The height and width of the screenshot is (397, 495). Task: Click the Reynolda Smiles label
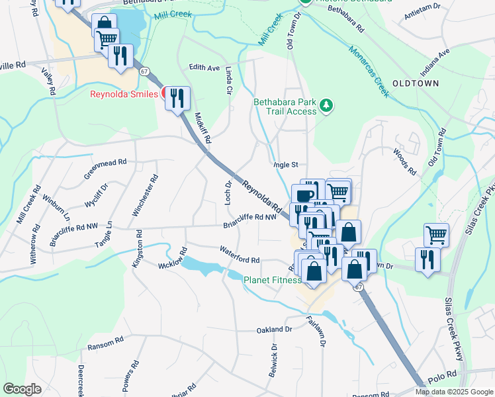(124, 94)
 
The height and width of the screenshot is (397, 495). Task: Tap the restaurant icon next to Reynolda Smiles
(177, 99)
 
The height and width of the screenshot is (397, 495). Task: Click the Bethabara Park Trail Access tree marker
(326, 106)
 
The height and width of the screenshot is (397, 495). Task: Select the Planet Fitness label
(273, 280)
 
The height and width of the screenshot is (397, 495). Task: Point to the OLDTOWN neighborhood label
(416, 83)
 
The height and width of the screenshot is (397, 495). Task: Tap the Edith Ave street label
(204, 67)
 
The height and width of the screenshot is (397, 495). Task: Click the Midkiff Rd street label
(202, 128)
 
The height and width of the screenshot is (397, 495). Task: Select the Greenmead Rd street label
(105, 169)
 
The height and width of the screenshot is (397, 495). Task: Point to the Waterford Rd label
(240, 255)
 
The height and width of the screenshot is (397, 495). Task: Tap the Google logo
(22, 389)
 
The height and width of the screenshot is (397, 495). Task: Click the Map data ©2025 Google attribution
(453, 392)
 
